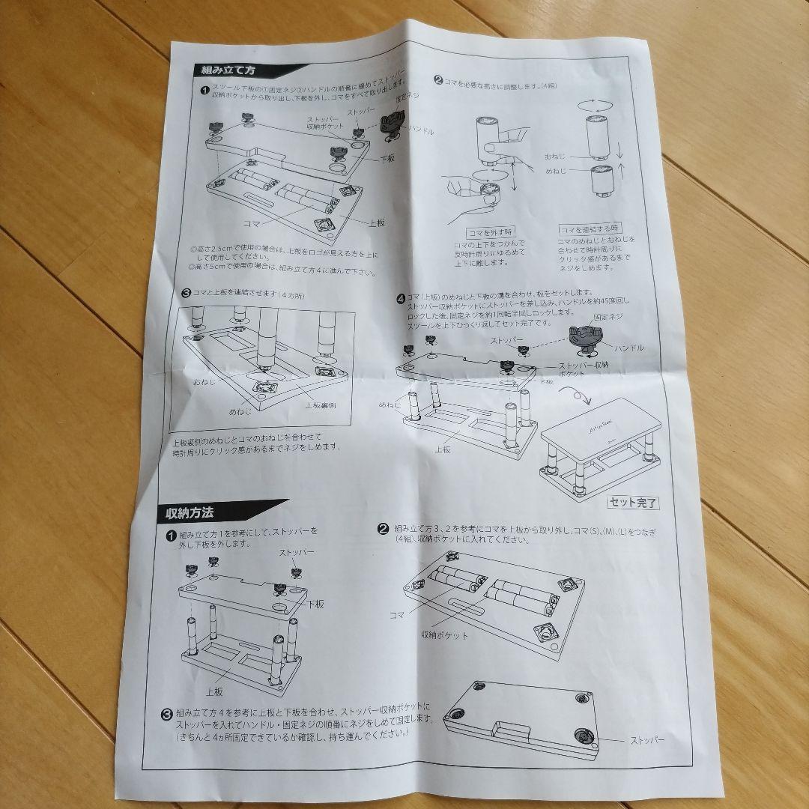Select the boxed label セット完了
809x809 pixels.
pos(633,503)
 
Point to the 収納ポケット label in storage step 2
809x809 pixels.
pos(444,634)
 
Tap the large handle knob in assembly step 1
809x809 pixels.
pos(394,124)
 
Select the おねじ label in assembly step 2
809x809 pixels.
pos(557,157)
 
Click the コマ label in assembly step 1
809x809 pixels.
pos(252,223)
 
